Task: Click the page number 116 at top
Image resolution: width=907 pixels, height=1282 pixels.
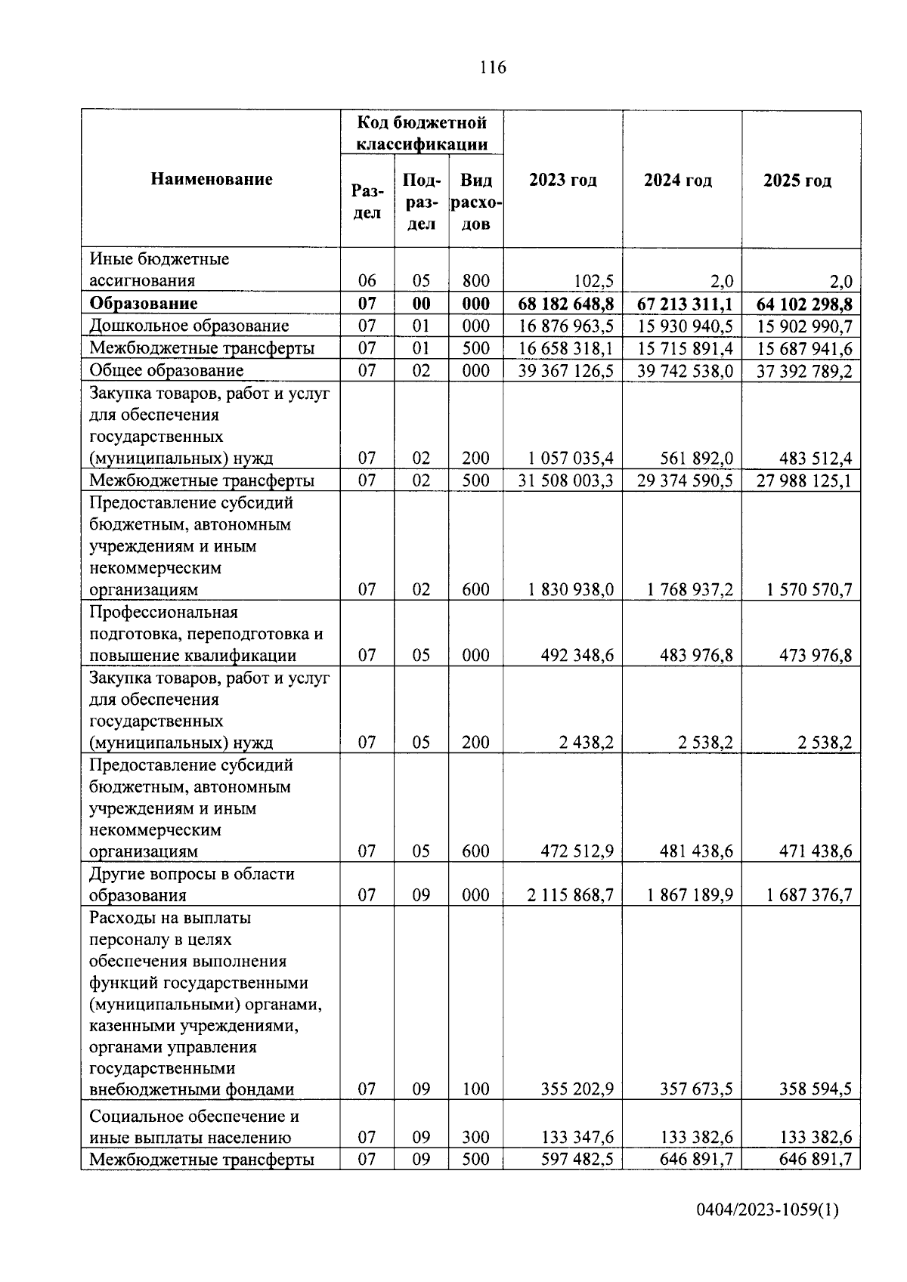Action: tap(492, 68)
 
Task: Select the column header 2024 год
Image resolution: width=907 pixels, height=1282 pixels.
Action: tap(677, 181)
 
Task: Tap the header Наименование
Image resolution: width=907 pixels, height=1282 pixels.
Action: tap(211, 179)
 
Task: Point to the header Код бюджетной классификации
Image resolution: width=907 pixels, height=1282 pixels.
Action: tap(421, 133)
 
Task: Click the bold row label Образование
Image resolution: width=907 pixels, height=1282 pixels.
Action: tap(144, 304)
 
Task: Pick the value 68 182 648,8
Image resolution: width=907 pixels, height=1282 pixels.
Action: tap(565, 304)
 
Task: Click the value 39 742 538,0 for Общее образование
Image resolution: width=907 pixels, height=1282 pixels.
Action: tap(685, 371)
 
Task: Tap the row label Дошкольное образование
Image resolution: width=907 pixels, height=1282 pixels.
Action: tap(189, 326)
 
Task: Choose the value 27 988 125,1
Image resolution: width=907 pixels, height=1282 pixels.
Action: tap(804, 481)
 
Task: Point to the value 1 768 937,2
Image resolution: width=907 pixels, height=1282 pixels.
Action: tap(690, 590)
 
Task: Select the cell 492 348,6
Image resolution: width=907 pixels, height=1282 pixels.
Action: tap(577, 656)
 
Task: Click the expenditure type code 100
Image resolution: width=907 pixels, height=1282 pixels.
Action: tap(475, 1089)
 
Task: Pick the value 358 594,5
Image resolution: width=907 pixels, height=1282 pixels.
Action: tap(816, 1089)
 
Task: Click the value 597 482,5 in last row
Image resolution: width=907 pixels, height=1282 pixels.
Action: tap(577, 1160)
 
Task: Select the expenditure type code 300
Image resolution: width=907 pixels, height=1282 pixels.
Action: tap(475, 1138)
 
